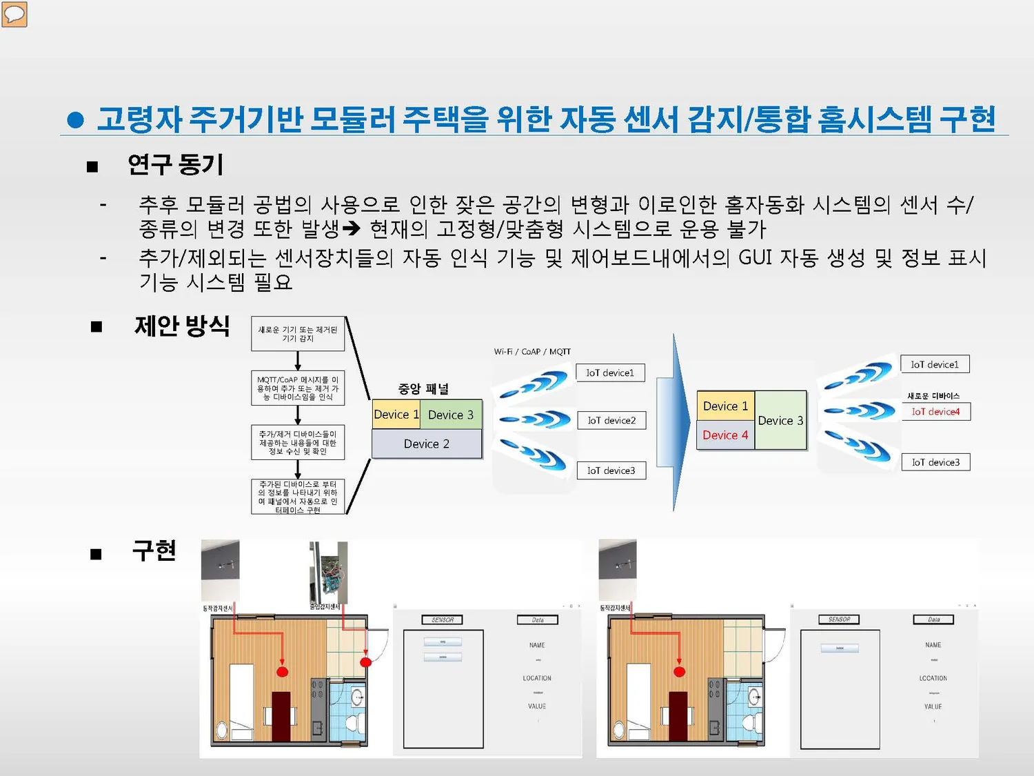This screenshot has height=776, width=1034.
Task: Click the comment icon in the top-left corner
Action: pos(14,14)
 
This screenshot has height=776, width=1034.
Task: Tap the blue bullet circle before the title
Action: pos(76,121)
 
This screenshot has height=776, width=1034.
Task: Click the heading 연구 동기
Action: pos(175,165)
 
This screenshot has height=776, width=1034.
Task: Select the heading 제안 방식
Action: pos(182,326)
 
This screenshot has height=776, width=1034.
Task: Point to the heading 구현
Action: pos(154,550)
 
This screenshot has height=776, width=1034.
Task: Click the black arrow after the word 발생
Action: pos(352,228)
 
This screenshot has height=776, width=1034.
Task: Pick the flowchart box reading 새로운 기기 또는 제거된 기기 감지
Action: pos(298,335)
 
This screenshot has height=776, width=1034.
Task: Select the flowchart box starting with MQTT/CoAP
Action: pos(298,388)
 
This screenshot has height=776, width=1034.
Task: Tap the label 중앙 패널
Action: pos(423,389)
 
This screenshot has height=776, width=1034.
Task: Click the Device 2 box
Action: pos(427,444)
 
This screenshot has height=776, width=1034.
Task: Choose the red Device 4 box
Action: pos(725,435)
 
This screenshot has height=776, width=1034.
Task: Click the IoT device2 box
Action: pos(611,420)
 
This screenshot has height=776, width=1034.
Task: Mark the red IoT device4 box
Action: pos(935,412)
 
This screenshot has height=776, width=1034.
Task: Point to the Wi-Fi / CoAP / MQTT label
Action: pos(532,352)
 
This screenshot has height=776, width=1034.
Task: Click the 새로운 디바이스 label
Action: pos(933,396)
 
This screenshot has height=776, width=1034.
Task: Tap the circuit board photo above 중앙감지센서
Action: pos(329,572)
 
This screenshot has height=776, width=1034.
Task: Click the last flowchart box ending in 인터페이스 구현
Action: pos(298,497)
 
